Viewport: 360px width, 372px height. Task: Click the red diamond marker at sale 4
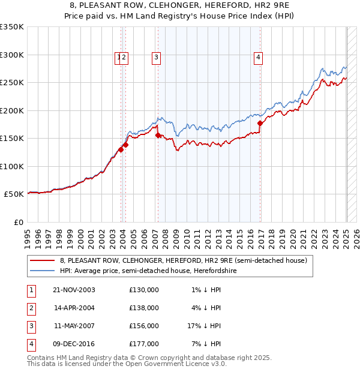[x=260, y=123]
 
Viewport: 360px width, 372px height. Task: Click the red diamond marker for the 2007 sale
[x=158, y=135]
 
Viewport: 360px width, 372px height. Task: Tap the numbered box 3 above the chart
[x=156, y=58]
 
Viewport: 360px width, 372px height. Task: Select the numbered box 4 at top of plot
[x=258, y=58]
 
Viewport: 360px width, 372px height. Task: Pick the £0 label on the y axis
[x=19, y=222]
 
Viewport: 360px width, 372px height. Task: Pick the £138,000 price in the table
[x=144, y=308]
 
